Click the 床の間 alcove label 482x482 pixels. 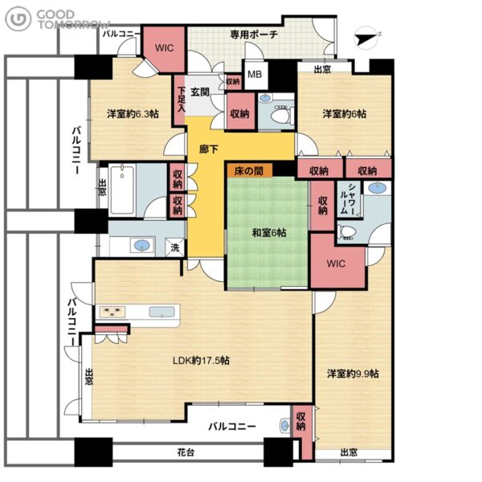pos(249,171)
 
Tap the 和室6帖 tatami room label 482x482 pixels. pos(269,233)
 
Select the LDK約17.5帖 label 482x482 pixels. pos(201,360)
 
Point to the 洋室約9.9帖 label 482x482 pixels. pos(353,374)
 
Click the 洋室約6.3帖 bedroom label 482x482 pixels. pos(133,114)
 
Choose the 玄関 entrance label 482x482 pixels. pos(200,92)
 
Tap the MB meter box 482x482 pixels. pos(255,74)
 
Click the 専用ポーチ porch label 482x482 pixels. pos(254,34)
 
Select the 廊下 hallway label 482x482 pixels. pos(209,149)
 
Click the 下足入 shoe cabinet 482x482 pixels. pos(180,100)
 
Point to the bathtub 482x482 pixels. pos(122,190)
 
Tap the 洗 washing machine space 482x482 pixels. pos(175,247)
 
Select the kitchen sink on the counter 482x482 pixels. pos(161,312)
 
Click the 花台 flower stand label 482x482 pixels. pos(186,452)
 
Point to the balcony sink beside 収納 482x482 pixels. pos(285,426)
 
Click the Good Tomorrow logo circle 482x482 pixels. pos(18,18)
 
